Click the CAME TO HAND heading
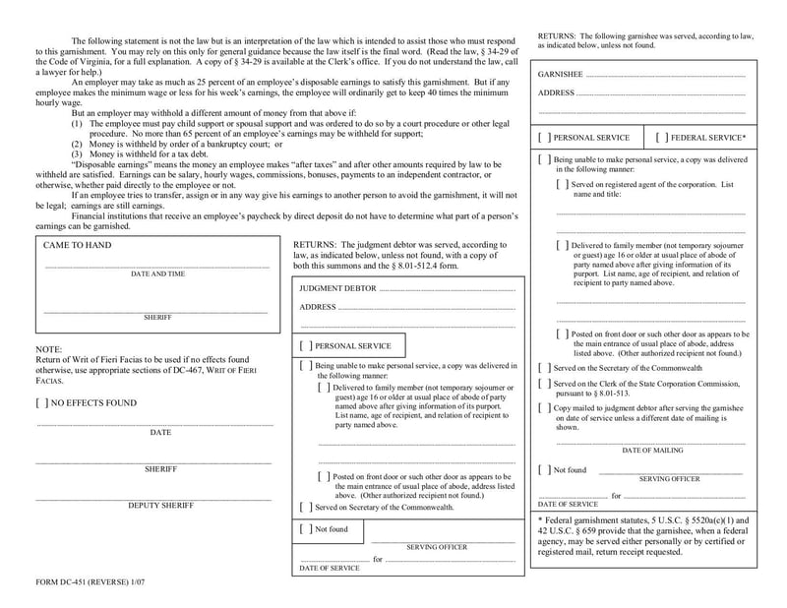(78, 245)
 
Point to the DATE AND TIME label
(157, 274)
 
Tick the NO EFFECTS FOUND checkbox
(41, 402)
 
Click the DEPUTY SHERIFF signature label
(160, 505)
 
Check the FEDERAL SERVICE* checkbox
(661, 138)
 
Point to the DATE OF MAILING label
(652, 450)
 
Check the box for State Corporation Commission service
(544, 384)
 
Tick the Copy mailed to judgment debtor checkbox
(544, 407)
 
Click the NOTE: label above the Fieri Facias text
(48, 349)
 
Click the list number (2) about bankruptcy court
(77, 144)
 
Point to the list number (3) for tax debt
(77, 154)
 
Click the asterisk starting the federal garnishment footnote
(540, 519)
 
